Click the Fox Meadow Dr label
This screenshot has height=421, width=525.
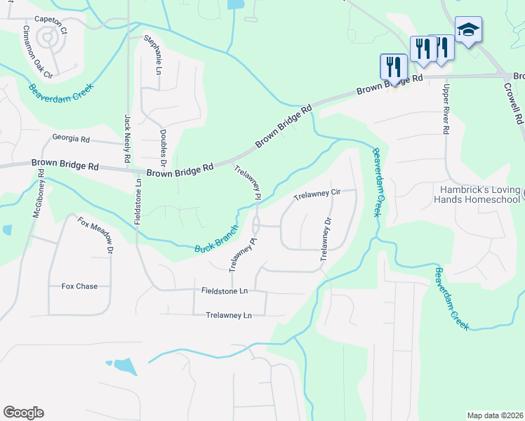pos(95,236)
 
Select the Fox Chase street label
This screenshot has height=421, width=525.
pos(79,286)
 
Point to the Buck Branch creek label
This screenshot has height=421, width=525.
pos(218,239)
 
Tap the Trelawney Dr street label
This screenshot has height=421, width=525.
pos(326,239)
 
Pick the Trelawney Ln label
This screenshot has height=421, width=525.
pos(229,315)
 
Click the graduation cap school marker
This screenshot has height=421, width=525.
pos(468,30)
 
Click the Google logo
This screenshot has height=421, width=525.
pos(24,412)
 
